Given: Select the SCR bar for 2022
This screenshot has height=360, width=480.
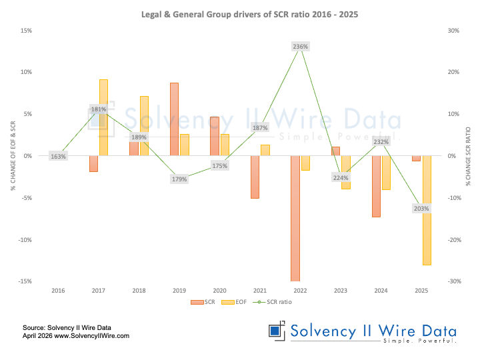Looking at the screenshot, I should [x=295, y=218].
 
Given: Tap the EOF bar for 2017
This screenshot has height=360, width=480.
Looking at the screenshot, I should [x=103, y=117].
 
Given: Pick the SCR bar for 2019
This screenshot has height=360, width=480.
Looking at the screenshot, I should [x=174, y=119].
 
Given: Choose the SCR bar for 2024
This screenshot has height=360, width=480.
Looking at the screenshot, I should [x=376, y=186].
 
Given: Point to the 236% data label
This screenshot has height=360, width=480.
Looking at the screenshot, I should [x=300, y=46].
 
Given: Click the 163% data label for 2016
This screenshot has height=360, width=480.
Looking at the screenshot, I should [x=58, y=157].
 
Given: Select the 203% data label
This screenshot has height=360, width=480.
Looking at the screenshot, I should [x=421, y=209].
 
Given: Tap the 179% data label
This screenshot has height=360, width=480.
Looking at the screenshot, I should [x=179, y=179].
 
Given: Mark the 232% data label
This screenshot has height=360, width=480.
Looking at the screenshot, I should [x=381, y=142].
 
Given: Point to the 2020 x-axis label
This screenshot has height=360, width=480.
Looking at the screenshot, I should [x=219, y=291].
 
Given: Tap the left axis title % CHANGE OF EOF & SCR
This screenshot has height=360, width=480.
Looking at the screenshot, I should [x=13, y=155].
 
